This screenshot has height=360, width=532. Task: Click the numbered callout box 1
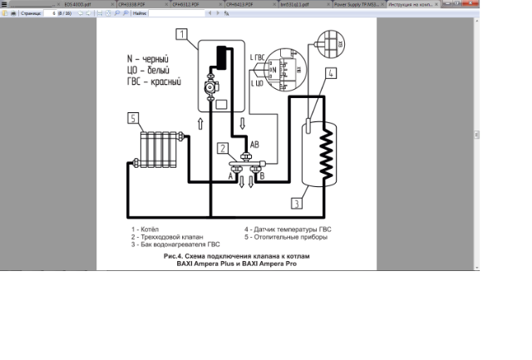[x=181, y=34]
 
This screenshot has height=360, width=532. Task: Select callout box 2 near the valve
[x=223, y=148]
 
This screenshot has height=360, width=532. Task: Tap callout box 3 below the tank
[x=296, y=202]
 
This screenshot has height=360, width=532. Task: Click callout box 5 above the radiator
[x=133, y=119]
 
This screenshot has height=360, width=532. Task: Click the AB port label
[x=254, y=144]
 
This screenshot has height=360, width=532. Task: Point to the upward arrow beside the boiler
[x=200, y=123]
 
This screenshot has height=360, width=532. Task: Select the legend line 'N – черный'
[x=147, y=61]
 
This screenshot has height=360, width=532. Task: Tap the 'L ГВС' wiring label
[x=258, y=56]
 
